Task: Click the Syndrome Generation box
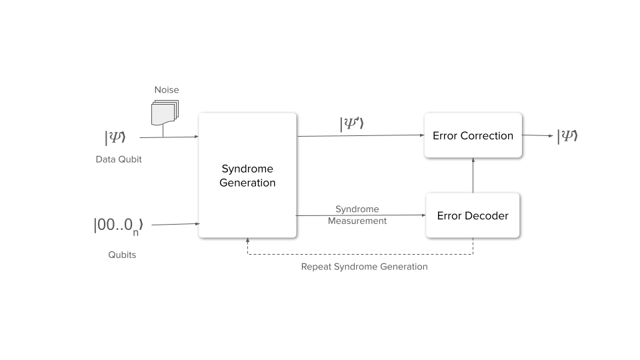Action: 247,175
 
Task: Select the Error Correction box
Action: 473,135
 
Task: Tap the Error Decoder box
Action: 473,215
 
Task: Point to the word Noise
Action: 167,90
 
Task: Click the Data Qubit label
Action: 119,159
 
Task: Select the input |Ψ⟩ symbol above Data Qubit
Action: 115,137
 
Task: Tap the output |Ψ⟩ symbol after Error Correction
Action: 567,136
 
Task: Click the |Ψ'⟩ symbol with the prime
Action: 352,124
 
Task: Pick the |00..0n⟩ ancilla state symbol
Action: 118,225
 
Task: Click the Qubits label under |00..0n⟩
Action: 122,255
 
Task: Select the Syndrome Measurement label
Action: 357,215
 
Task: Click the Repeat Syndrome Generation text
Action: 364,267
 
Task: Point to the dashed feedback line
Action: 360,255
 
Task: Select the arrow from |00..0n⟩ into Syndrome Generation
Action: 175,225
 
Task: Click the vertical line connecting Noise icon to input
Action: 163,131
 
